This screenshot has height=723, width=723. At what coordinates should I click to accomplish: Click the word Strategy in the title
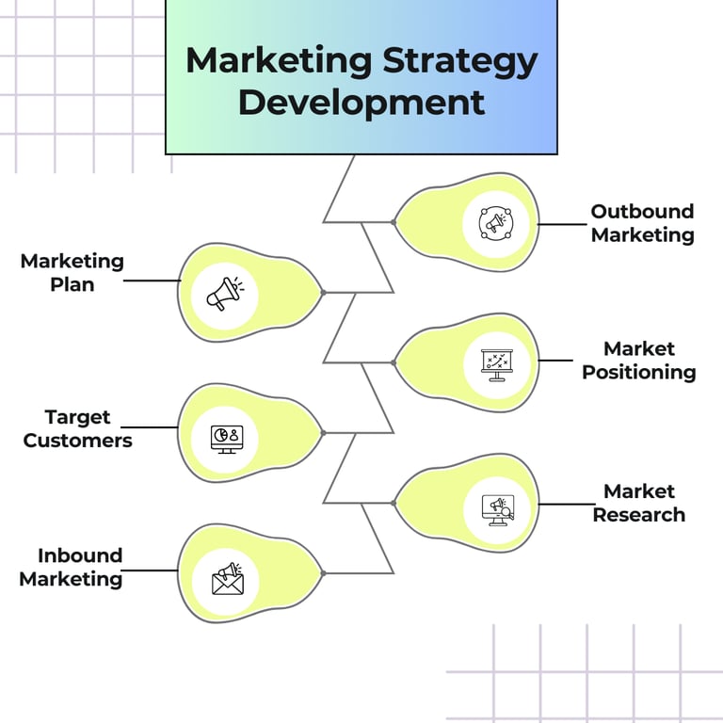tap(460, 62)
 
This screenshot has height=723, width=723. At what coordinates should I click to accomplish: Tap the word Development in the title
tap(361, 103)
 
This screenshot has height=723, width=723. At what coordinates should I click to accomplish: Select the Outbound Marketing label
tap(642, 223)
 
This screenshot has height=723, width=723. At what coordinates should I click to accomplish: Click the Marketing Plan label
tap(72, 272)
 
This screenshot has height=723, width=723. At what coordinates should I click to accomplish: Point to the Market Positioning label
tap(639, 361)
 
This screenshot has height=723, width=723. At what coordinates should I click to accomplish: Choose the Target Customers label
tap(77, 428)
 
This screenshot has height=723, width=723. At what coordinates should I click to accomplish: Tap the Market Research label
tap(639, 503)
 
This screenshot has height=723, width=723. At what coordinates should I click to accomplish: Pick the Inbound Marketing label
tap(72, 567)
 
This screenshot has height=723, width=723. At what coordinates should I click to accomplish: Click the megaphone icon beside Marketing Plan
tap(225, 293)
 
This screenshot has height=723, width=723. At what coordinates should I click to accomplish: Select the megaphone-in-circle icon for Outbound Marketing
tap(495, 223)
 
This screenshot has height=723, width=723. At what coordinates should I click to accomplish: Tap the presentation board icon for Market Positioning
tap(495, 363)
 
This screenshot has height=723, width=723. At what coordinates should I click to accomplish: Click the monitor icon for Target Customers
tap(226, 437)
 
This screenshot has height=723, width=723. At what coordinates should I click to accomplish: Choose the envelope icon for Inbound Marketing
tap(227, 579)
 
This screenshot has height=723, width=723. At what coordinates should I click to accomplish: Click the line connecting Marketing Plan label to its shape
tap(152, 281)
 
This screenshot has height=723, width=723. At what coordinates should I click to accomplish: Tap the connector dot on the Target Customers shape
tap(323, 433)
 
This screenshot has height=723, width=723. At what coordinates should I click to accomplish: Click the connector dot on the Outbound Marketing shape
tap(393, 222)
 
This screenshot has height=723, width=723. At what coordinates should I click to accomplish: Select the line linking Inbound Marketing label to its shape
tap(151, 570)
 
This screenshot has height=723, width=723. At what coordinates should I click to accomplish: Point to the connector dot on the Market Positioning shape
tap(393, 361)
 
